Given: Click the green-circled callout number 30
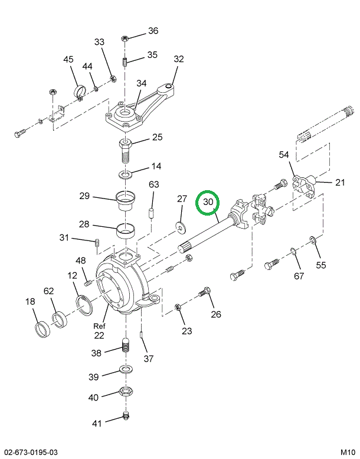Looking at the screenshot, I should pos(208,202).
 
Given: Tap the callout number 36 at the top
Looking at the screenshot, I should pos(153,31).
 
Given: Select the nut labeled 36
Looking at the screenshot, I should pos(125,38).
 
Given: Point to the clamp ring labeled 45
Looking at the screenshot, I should pos(79,92).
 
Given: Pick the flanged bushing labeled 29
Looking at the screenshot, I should pos(125,203).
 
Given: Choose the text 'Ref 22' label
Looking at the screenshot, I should pos(99,330).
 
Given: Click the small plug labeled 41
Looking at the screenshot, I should pos(125,416).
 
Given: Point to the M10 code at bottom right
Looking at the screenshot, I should pos(348,452).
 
